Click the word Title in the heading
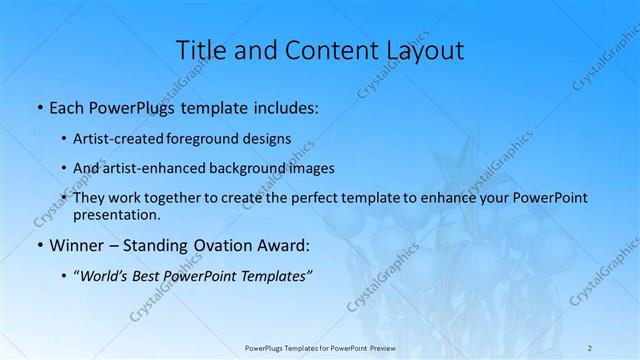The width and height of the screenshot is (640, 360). pos(200,50)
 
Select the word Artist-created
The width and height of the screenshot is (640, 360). pos(124,139)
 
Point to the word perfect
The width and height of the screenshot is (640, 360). pos(304,198)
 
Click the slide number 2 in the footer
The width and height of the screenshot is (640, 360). pos(590,347)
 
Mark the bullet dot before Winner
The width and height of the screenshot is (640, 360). pos(39,245)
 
